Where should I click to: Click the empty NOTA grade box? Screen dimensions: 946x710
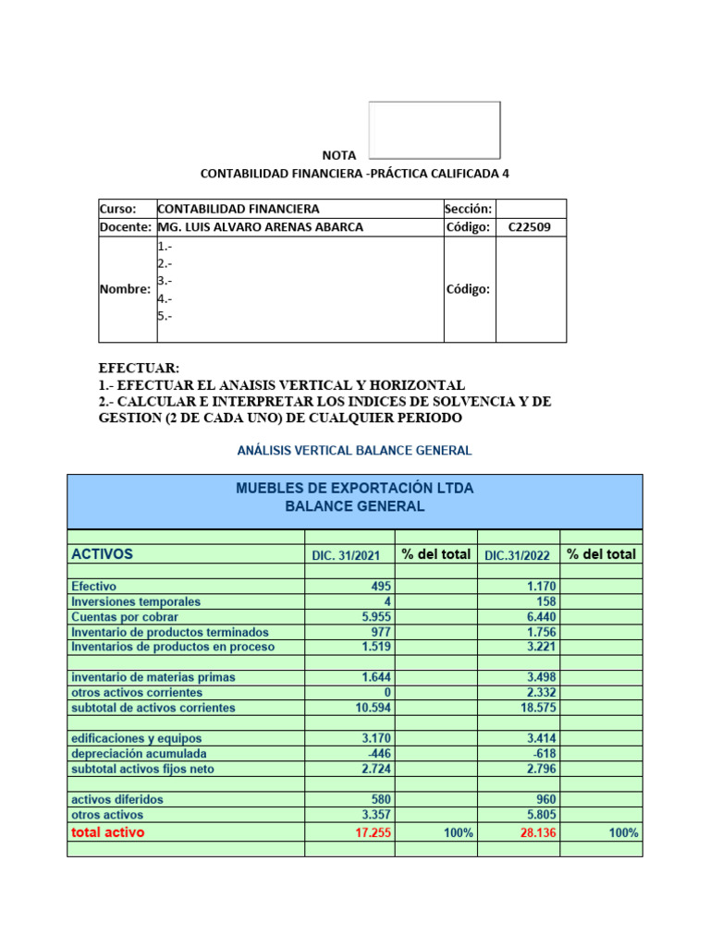click(x=435, y=130)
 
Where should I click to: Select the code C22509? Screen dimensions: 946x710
click(x=530, y=227)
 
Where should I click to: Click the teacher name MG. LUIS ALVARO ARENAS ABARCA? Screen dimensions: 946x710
click(x=261, y=227)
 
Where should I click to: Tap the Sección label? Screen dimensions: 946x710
click(x=469, y=210)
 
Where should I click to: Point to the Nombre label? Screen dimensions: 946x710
click(x=125, y=289)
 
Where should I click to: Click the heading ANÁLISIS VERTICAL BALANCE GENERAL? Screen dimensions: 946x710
click(x=354, y=451)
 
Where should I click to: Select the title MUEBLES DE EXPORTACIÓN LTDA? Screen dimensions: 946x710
click(x=354, y=488)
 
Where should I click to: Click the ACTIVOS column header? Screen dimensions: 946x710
click(x=102, y=554)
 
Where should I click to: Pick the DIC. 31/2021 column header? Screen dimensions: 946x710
click(x=345, y=555)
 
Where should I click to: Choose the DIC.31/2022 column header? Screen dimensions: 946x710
click(x=518, y=555)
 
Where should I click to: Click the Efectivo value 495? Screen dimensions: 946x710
click(x=381, y=587)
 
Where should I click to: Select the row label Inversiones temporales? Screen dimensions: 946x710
click(x=135, y=602)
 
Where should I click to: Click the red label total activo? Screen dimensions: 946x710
click(x=108, y=832)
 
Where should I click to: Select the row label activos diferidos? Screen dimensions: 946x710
click(x=116, y=800)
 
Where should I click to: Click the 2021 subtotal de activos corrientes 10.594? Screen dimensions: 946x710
click(x=373, y=709)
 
